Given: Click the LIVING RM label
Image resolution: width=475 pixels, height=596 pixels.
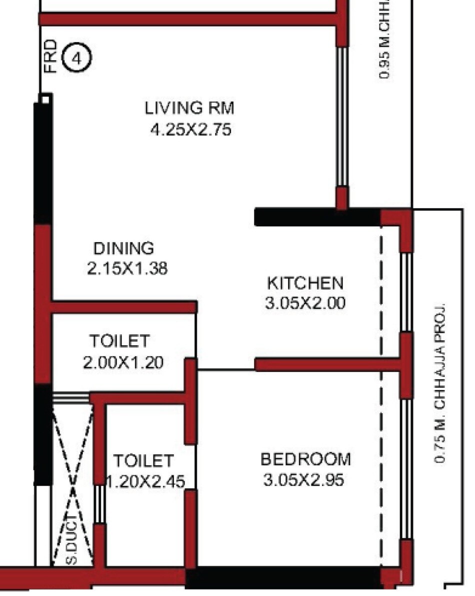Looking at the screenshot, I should [189, 107].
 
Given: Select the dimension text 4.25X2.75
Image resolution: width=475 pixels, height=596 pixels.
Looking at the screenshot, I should [190, 130].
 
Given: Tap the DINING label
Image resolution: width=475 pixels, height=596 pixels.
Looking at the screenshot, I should [124, 248].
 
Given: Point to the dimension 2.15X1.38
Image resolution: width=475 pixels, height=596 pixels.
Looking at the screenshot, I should [127, 269].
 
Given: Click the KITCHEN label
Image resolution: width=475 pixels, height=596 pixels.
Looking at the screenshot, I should [305, 283].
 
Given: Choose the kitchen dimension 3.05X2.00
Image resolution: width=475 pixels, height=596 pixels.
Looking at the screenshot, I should [305, 303].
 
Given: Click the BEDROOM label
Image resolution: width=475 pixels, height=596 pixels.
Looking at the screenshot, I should [305, 459].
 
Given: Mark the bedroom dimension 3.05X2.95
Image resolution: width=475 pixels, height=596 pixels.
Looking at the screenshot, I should [303, 480].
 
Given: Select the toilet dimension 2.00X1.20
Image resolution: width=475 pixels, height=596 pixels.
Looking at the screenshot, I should [123, 362].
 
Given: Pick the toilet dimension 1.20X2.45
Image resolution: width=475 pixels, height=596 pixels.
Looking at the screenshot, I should [146, 482].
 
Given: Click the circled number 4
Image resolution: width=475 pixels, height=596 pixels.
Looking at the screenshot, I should [76, 59].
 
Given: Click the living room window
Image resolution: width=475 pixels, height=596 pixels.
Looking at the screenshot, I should [341, 117].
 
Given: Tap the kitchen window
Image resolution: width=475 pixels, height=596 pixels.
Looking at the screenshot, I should [406, 292].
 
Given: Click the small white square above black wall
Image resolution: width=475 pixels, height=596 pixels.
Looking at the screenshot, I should [45, 100].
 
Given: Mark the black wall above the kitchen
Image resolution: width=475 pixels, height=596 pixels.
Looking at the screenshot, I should [317, 217].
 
